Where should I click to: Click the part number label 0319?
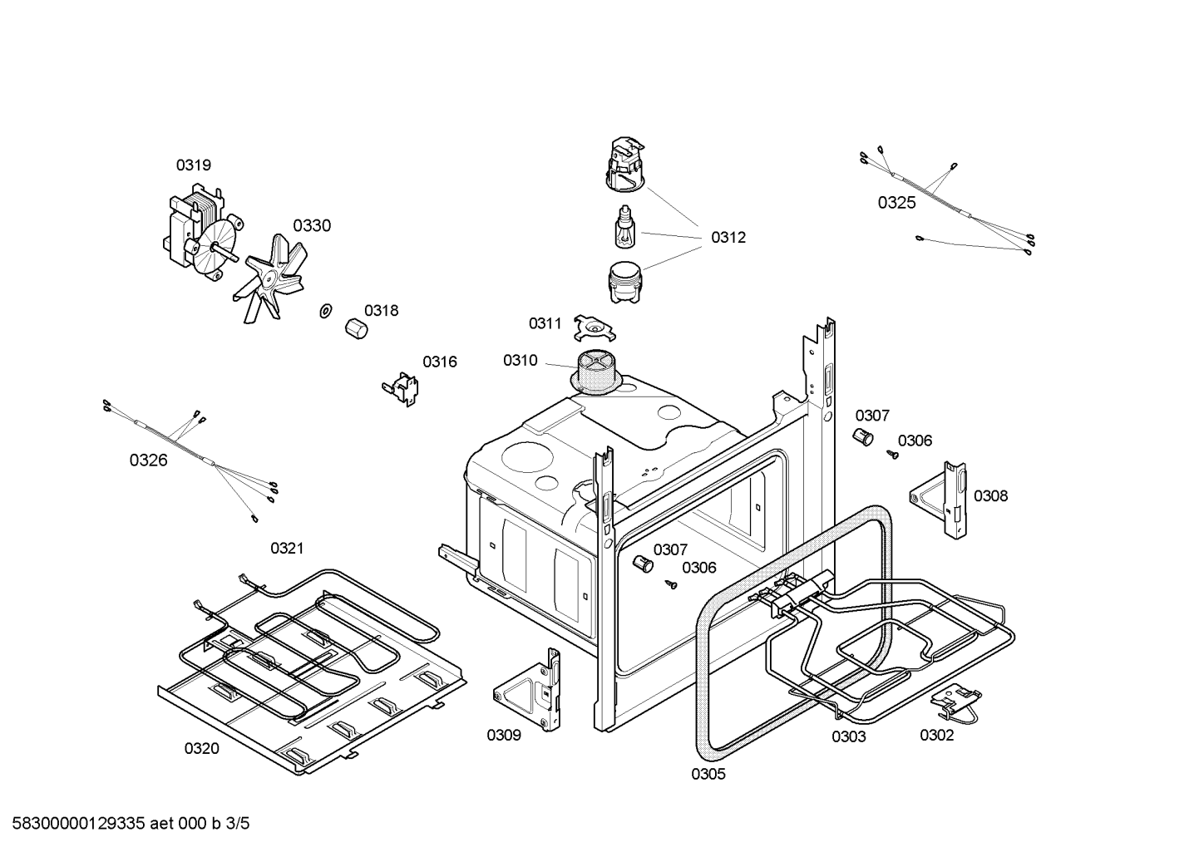[193, 165]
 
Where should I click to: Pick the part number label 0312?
[728, 238]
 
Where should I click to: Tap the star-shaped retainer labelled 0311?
[595, 330]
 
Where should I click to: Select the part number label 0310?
[520, 361]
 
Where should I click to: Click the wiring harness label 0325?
[896, 202]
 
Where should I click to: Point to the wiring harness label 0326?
[148, 460]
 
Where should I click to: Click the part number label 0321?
[287, 549]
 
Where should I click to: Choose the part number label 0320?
[201, 749]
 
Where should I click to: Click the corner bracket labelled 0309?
[531, 691]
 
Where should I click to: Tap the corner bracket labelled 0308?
[941, 500]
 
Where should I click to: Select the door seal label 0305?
[708, 775]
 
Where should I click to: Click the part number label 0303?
[848, 736]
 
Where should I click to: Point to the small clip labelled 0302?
[956, 702]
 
